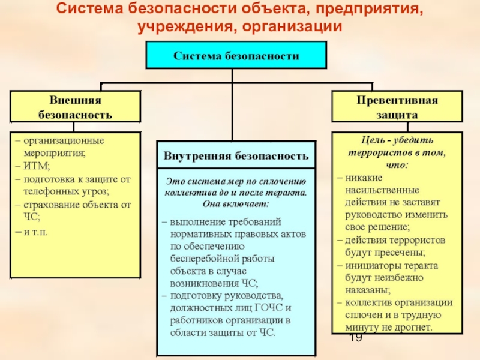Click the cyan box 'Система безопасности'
click(x=236, y=55)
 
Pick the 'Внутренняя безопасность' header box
click(x=236, y=156)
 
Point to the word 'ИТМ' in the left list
click(x=37, y=166)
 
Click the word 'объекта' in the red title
click(x=260, y=10)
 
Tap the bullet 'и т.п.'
click(x=35, y=231)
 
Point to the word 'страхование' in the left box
click(x=50, y=205)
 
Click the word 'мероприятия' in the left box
click(x=51, y=153)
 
